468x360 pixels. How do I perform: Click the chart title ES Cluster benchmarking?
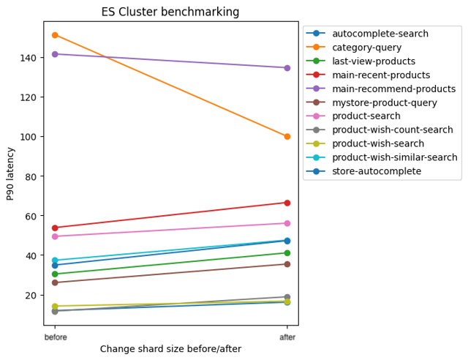(170, 12)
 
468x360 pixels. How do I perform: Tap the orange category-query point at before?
(55, 35)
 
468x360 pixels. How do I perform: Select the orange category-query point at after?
(287, 137)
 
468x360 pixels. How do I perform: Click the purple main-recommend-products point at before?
(55, 54)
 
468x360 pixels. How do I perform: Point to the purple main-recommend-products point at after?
(287, 68)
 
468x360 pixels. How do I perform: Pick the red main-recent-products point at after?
(287, 203)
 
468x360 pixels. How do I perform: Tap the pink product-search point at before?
(55, 236)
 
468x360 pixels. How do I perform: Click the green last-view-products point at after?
(287, 253)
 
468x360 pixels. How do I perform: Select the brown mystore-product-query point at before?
(55, 282)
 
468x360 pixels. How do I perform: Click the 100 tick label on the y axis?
(31, 137)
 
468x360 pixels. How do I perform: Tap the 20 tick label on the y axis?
(33, 296)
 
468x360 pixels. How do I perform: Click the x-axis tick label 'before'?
(55, 337)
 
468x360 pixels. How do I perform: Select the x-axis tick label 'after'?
(287, 337)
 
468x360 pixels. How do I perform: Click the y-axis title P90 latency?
(10, 173)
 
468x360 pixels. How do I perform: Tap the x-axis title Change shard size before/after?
(170, 350)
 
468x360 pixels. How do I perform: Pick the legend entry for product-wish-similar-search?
(394, 157)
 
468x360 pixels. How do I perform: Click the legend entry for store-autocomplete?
(376, 171)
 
